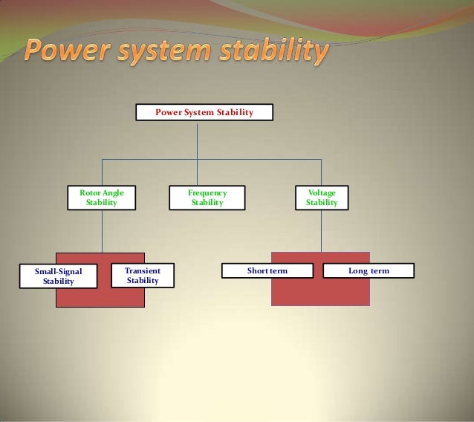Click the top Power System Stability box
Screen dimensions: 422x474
204,112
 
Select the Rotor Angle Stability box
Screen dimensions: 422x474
102,198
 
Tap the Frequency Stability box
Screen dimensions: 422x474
207,198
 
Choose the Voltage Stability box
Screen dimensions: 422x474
322,198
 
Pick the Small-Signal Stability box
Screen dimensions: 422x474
58,276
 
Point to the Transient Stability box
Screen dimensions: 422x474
143,276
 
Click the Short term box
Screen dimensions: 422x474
267,271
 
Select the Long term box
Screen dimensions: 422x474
369,271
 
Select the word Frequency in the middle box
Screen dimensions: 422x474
207,193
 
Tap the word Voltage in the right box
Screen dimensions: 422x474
322,193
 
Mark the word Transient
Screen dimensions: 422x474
143,271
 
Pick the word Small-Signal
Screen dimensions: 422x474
58,272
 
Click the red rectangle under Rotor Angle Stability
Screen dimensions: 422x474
100,297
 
